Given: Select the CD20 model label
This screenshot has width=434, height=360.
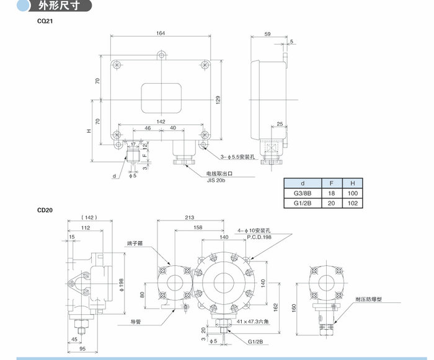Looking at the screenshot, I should click(45, 209).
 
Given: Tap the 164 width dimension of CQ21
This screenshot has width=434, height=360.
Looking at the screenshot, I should click(161, 33).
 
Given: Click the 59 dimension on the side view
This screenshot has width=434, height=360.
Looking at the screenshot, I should click(267, 34).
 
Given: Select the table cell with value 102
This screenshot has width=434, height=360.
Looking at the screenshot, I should click(352, 203).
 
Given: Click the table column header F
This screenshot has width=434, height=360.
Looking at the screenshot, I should click(332, 183).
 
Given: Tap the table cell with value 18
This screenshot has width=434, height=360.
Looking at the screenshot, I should click(332, 193).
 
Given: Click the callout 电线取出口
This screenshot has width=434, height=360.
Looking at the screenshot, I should click(219, 175).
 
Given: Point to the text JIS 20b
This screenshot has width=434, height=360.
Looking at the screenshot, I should click(217, 182).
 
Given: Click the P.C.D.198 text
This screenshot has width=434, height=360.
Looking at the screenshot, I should click(259, 237).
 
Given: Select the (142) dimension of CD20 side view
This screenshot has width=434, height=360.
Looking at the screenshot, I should click(87, 218).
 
